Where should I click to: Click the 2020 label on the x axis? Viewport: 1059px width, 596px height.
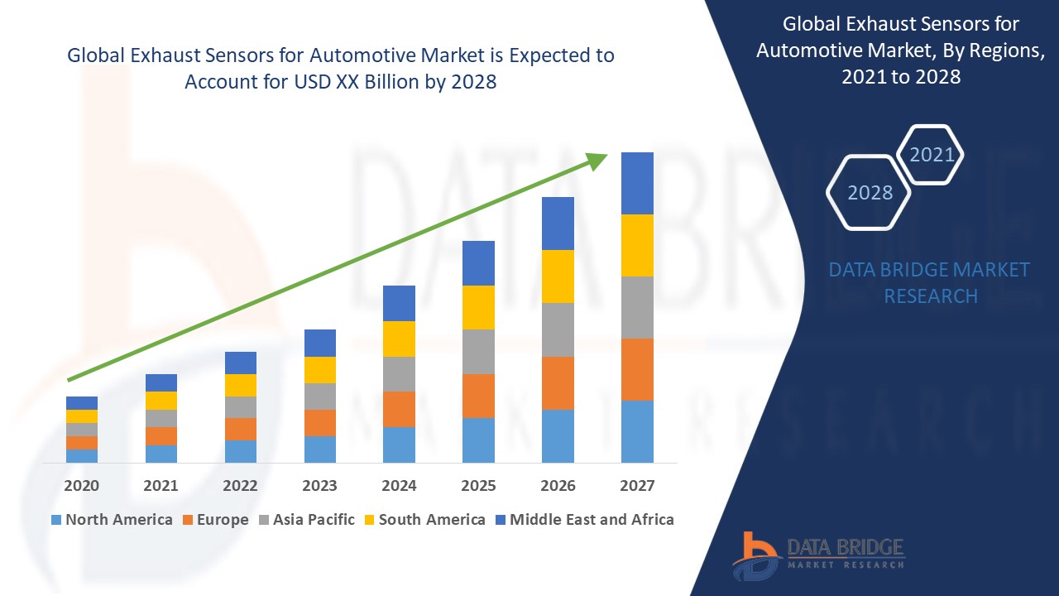point(81,485)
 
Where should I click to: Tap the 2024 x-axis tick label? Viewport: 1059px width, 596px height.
point(399,485)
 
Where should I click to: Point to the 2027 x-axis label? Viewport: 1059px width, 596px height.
point(637,485)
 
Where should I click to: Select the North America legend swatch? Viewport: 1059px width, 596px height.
point(56,520)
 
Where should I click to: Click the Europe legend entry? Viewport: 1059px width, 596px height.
point(213,520)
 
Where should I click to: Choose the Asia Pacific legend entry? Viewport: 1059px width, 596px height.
point(305,520)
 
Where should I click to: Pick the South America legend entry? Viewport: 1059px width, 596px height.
point(423,520)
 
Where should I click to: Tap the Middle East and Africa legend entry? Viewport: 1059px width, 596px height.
point(584,520)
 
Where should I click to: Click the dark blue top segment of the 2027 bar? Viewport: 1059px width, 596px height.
point(637,183)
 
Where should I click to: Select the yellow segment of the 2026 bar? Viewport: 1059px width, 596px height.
point(558,276)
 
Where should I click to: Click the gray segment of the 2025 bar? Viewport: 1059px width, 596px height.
point(478,351)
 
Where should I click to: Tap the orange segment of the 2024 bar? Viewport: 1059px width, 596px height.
point(399,409)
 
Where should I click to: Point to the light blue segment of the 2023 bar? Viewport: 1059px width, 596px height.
point(319,449)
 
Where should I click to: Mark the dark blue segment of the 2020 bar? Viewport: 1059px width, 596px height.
point(81,402)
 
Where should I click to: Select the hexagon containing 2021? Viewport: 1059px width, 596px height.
point(931,154)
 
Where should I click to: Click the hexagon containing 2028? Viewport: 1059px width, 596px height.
point(869,192)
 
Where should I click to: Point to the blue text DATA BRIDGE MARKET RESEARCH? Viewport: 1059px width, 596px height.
point(930,282)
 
